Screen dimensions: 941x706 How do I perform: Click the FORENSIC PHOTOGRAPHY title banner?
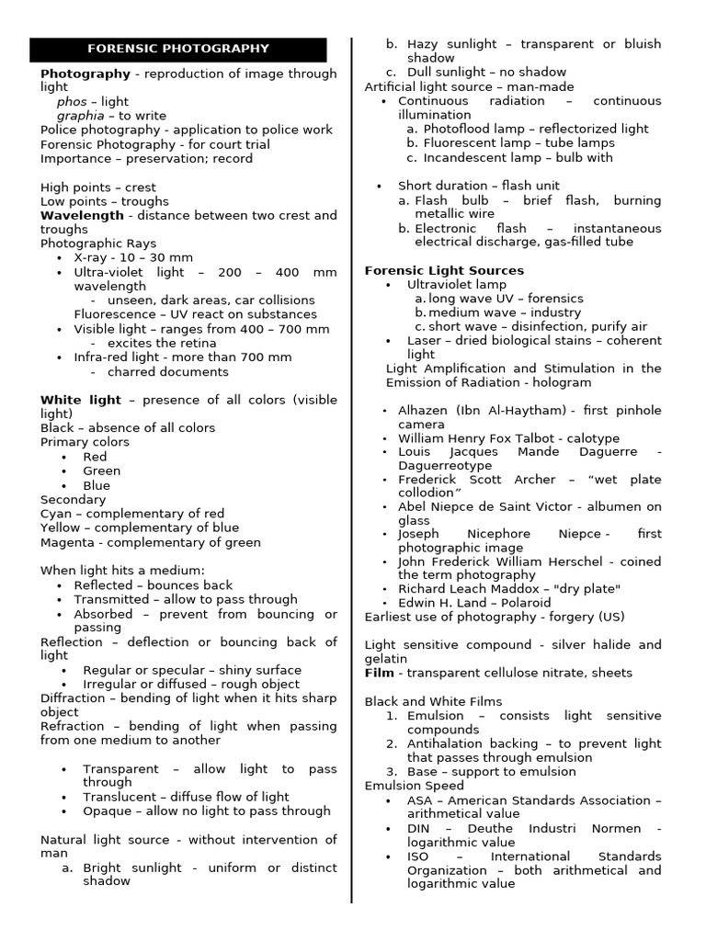(177, 49)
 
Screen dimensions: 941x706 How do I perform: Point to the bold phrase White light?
(80, 400)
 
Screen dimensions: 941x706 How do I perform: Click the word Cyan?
(56, 514)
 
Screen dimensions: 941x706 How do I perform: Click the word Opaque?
(106, 811)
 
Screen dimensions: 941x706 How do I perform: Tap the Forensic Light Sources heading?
(444, 270)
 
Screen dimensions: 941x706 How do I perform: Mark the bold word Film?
(379, 673)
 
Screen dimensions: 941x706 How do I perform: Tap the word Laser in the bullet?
(425, 340)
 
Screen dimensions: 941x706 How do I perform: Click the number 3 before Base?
(391, 771)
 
